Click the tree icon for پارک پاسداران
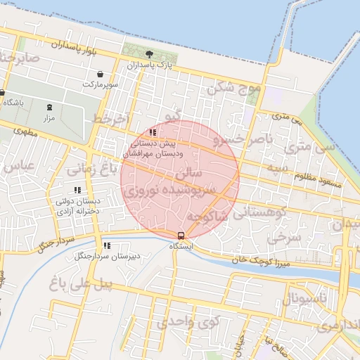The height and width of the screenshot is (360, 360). [x=148, y=54]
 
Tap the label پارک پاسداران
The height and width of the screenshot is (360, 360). [x=148, y=65]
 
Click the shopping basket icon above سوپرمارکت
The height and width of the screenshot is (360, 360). [x=101, y=74]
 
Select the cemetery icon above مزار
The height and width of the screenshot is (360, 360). [x=49, y=108]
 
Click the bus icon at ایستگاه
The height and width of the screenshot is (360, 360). [x=181, y=236]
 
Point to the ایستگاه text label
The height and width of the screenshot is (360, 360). [x=181, y=247]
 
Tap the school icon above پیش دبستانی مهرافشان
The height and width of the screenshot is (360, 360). [x=153, y=132]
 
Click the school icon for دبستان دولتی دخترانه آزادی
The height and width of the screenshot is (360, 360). [x=77, y=190]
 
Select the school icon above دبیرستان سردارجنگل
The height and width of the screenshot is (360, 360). [x=107, y=245]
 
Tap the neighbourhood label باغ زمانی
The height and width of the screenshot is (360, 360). [x=90, y=169]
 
